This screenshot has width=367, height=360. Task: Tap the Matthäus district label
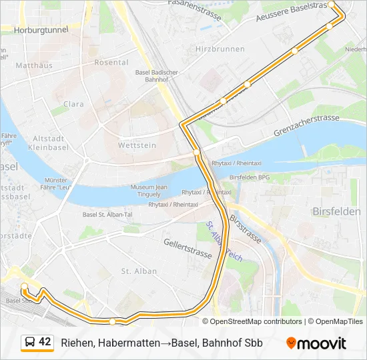(x=33, y=65)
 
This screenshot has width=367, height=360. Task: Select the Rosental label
(x=111, y=62)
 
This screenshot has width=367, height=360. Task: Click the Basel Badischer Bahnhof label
(x=156, y=75)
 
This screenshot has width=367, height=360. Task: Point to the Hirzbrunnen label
(x=218, y=49)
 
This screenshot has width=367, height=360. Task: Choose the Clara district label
(x=73, y=104)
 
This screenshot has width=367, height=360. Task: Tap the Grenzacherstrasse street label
(x=306, y=125)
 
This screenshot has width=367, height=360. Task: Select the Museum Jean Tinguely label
(x=148, y=191)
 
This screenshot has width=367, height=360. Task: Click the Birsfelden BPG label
(x=250, y=177)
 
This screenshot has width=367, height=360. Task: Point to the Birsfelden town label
(x=336, y=211)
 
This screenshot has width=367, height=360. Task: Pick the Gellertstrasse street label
(x=188, y=248)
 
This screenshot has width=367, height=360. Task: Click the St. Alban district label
(x=139, y=271)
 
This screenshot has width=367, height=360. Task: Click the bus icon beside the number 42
(x=29, y=342)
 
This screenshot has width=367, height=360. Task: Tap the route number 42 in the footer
(x=45, y=342)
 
